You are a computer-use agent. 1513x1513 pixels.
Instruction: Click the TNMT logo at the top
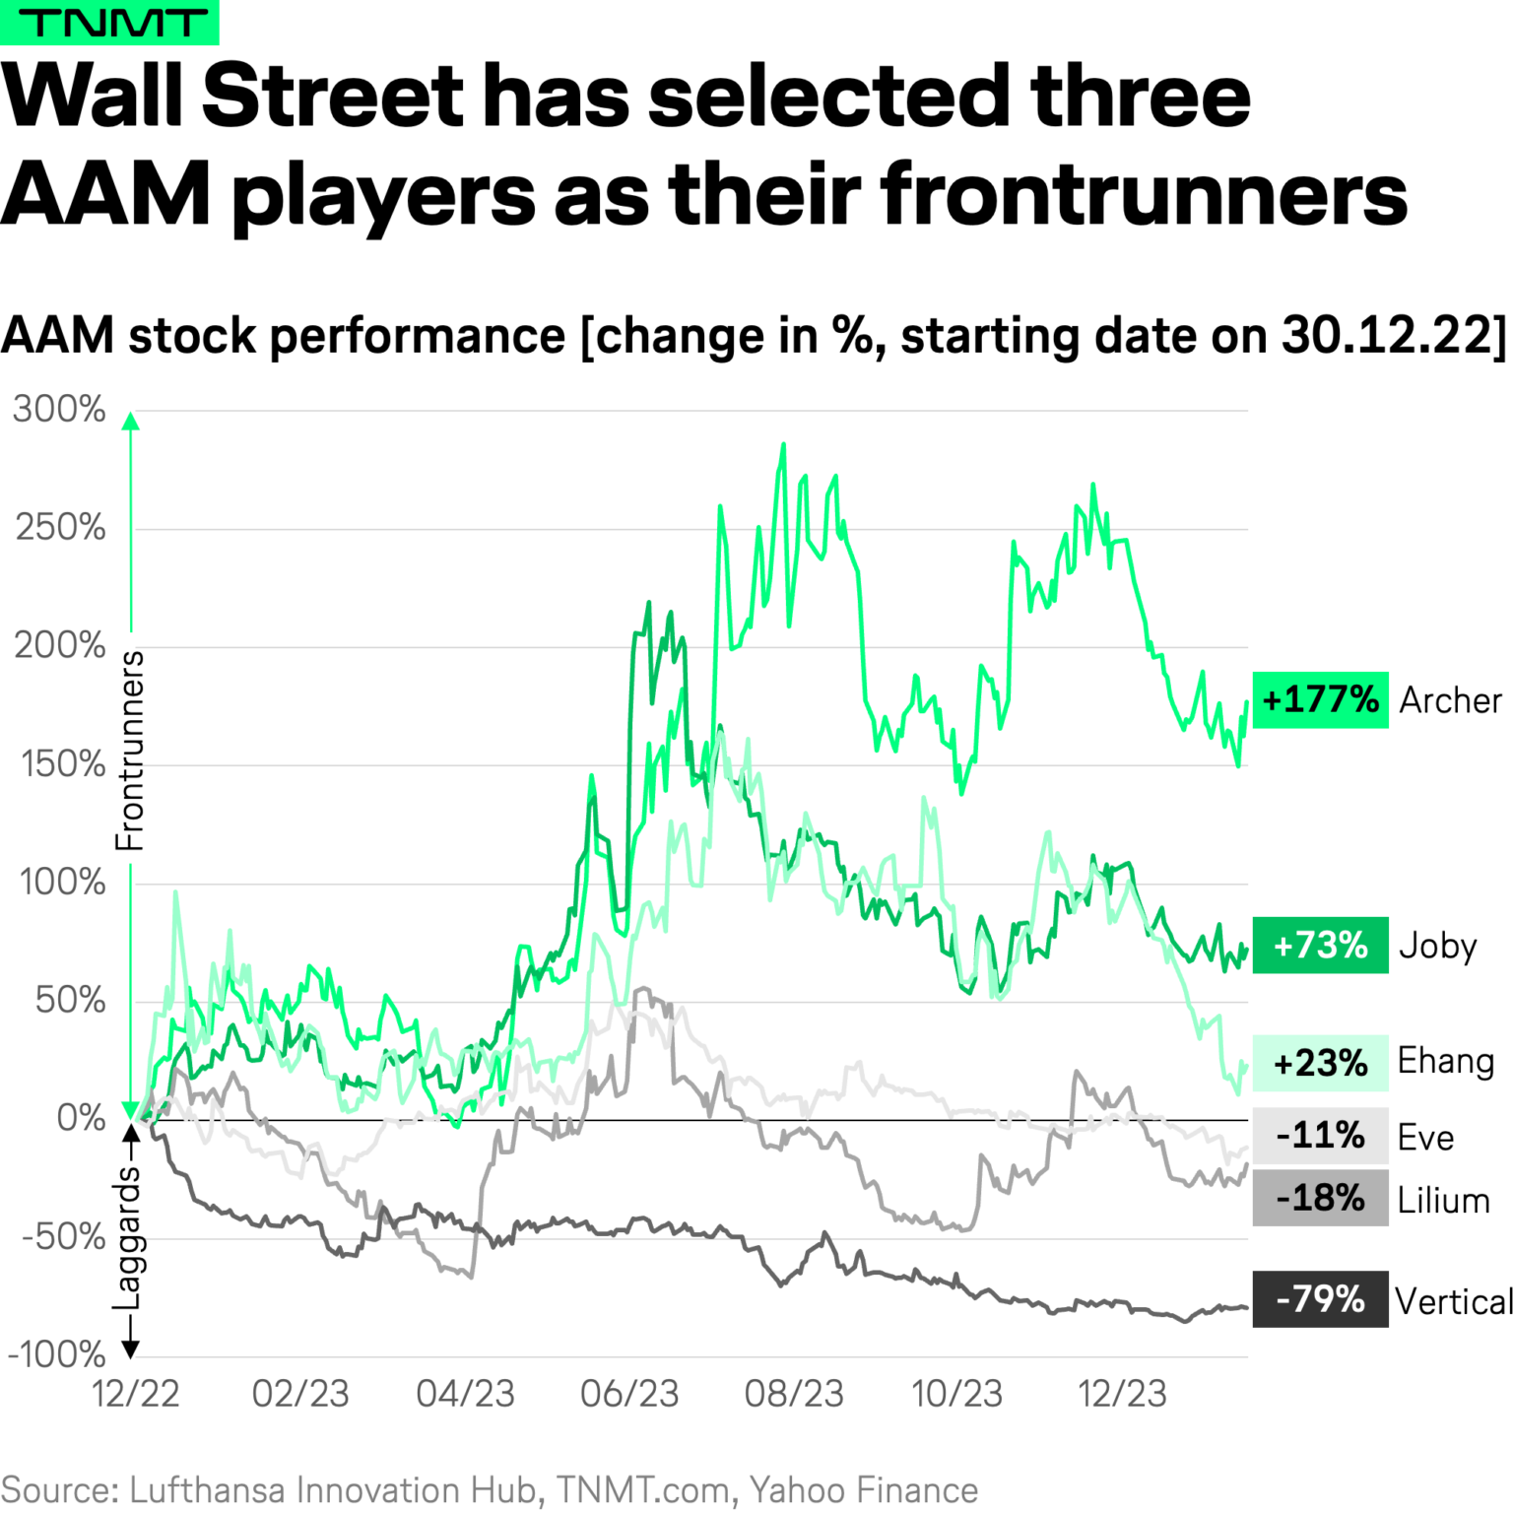(109, 22)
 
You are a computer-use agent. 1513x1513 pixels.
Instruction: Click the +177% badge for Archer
(1320, 700)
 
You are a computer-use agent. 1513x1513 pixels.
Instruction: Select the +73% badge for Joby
(1320, 946)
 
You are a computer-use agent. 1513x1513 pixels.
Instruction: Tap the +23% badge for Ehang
(1320, 1063)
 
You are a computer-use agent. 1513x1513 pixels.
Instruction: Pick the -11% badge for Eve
(1320, 1136)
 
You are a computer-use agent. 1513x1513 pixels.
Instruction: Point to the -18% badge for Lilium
(1320, 1199)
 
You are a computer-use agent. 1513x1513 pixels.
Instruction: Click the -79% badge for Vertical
(1320, 1299)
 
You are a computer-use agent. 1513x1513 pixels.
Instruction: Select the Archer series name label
(1450, 700)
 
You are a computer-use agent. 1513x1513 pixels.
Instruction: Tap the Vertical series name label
(1454, 1301)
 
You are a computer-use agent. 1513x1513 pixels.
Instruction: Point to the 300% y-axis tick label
(59, 409)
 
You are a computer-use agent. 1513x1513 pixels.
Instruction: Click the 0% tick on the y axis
(81, 1118)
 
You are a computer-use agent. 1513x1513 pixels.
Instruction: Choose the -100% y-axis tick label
(56, 1354)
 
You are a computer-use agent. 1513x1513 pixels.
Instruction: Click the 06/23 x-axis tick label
(629, 1394)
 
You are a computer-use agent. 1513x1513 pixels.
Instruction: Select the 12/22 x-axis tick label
(136, 1394)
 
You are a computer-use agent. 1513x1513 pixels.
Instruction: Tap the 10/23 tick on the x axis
(956, 1394)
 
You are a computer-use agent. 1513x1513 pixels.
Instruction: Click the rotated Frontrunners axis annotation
(129, 751)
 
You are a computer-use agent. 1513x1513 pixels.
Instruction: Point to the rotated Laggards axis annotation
(129, 1237)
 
